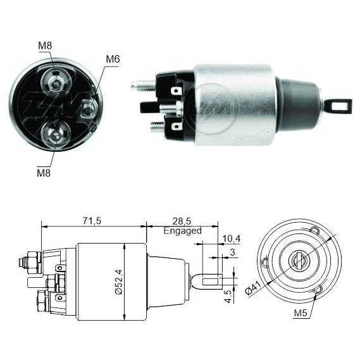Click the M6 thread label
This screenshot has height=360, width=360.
tap(113, 59)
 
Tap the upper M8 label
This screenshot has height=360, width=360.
tap(45, 46)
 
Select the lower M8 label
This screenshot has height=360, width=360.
tap(44, 173)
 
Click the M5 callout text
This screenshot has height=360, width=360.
tap(301, 313)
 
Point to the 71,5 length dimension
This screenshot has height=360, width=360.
tap(92, 221)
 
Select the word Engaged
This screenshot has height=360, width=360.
tap(182, 230)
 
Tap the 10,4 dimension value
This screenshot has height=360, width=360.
tap(232, 239)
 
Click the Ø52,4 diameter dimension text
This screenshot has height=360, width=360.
tap(119, 282)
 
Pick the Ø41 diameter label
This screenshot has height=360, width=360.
tap(253, 288)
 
